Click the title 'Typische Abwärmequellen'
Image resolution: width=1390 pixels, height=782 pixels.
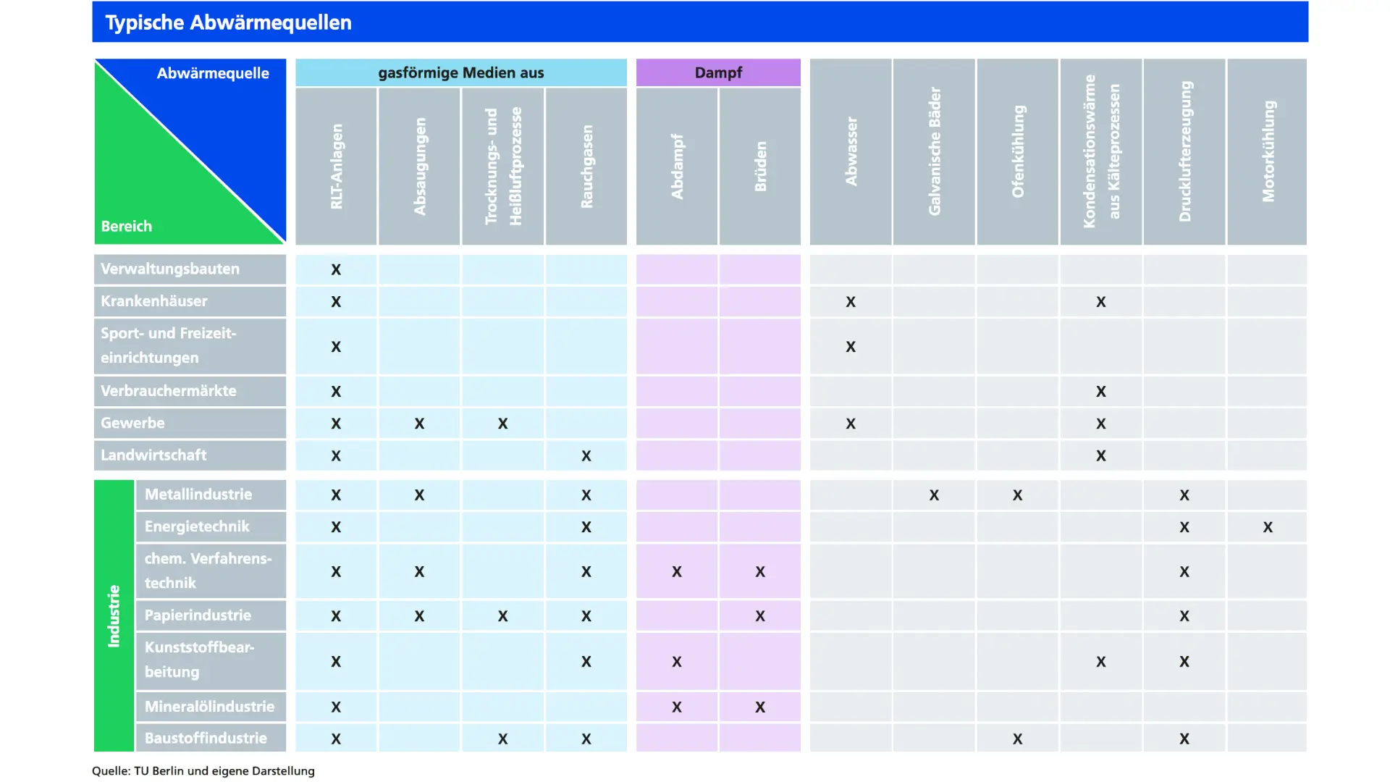click(x=228, y=22)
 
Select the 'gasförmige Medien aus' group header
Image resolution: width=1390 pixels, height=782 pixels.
click(x=460, y=72)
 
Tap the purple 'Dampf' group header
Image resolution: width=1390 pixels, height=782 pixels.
click(x=718, y=72)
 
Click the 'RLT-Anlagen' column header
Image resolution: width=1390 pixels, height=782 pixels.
click(x=336, y=166)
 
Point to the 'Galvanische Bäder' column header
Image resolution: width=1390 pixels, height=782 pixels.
click(x=934, y=151)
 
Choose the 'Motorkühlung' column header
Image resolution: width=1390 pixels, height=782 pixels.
click(x=1268, y=151)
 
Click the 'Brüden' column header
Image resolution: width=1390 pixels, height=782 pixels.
click(x=760, y=166)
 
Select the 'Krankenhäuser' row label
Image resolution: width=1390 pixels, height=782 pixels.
click(x=154, y=301)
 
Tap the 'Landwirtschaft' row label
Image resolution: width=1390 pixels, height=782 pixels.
click(x=153, y=455)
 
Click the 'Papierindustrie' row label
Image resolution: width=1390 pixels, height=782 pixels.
click(x=198, y=615)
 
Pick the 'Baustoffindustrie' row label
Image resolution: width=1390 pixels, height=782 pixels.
click(x=206, y=739)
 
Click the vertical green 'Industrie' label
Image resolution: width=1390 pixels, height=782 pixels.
click(x=114, y=615)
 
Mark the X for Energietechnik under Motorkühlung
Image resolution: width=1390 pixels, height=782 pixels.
click(x=1268, y=527)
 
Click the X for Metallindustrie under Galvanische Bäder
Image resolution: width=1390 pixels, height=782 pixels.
click(x=934, y=495)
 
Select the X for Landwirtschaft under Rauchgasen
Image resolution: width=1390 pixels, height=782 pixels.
click(x=586, y=456)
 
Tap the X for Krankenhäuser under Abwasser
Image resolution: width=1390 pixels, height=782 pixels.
click(x=851, y=302)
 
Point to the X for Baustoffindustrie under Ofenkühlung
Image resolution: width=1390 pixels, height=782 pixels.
click(x=1017, y=739)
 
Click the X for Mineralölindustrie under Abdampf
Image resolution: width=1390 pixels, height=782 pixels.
click(x=677, y=707)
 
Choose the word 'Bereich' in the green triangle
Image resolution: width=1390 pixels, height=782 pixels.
click(x=127, y=226)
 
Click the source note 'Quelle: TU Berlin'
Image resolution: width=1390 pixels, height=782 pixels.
click(x=203, y=771)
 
